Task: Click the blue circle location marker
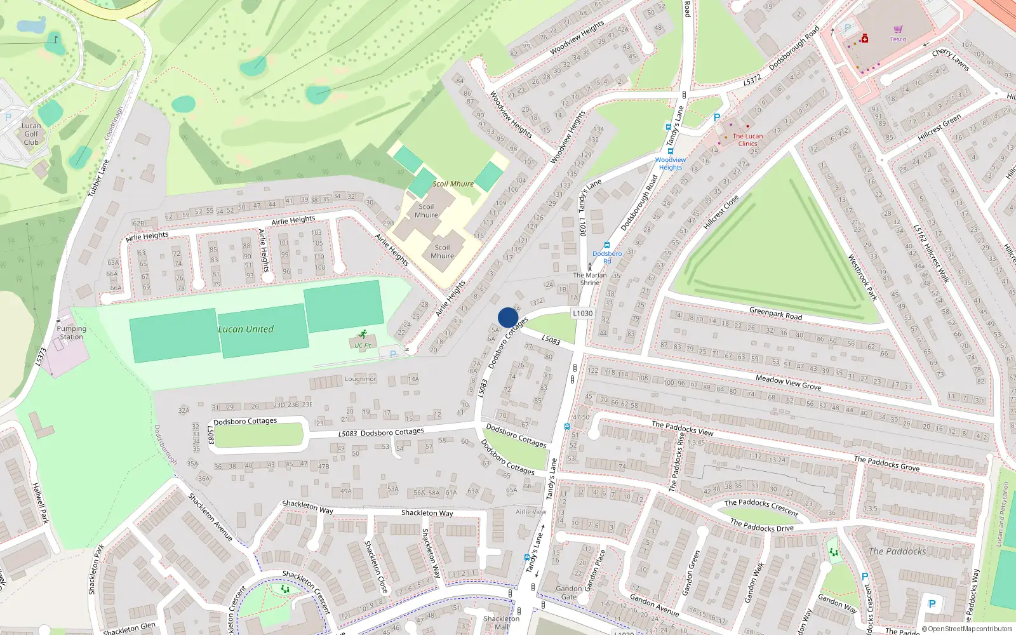(508, 317)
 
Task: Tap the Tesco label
(898, 39)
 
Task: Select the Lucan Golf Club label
(31, 134)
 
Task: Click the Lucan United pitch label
(246, 330)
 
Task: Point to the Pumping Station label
(71, 333)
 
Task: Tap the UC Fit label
(363, 346)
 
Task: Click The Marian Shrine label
(590, 279)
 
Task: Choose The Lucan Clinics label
(747, 140)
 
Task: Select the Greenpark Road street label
(775, 313)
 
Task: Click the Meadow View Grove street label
(788, 382)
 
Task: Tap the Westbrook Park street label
(862, 277)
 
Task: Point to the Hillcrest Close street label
(721, 212)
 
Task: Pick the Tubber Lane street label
(98, 178)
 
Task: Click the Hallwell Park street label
(40, 503)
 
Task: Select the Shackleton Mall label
(502, 622)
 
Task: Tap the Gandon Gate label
(568, 592)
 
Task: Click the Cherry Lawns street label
(951, 59)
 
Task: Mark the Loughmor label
(360, 379)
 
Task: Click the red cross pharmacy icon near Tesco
(864, 39)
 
